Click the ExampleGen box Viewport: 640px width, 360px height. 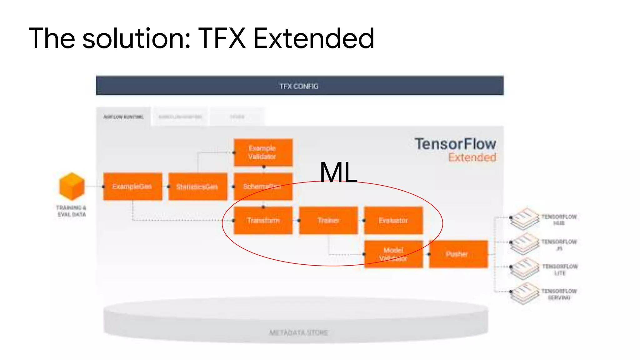[133, 187]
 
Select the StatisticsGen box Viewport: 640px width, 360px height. [197, 187]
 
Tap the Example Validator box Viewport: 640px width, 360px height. [263, 152]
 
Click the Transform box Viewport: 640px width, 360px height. [263, 220]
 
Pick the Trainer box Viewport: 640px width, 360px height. [328, 220]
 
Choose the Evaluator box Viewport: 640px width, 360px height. [393, 220]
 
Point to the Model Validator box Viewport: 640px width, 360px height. [393, 254]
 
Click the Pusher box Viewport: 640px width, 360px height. [458, 254]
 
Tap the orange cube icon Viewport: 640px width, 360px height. [72, 186]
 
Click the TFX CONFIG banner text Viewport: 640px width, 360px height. [299, 86]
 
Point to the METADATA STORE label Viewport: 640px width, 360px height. [299, 332]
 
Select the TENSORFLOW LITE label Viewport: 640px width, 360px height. [560, 270]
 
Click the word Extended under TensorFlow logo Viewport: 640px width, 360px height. [472, 157]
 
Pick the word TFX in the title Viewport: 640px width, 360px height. [222, 38]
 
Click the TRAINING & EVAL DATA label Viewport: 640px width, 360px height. [71, 211]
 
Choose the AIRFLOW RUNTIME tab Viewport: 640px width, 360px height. [123, 117]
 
